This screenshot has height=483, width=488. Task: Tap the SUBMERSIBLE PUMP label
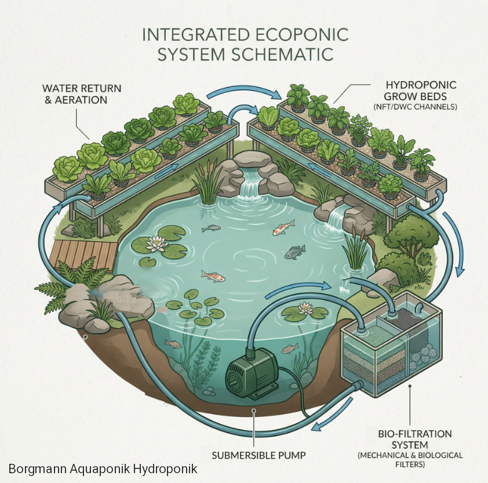[x=258, y=455]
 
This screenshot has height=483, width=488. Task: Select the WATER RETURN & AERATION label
[x=82, y=94]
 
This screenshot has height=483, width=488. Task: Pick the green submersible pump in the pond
[x=253, y=373]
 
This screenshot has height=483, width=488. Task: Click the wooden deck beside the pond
[x=83, y=255]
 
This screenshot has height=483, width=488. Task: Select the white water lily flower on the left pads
[x=157, y=244]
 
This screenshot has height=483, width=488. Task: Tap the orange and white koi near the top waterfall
[x=283, y=228]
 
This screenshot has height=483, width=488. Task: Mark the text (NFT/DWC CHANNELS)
[x=415, y=107]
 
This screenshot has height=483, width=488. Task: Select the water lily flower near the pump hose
[x=305, y=308]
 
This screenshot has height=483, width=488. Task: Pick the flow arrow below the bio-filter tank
[x=332, y=415]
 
